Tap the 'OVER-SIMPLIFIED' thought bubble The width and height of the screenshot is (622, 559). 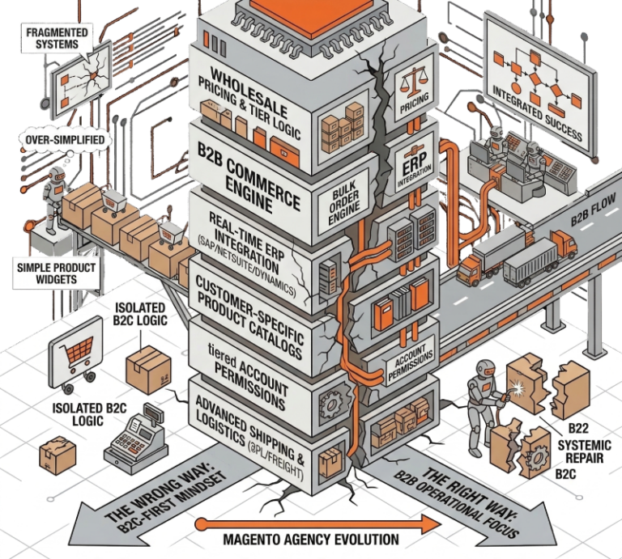tap(64, 139)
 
